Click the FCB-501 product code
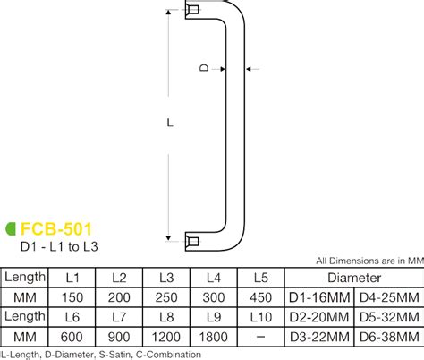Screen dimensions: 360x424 pyautogui.click(x=56, y=229)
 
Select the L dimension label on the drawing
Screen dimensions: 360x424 pyautogui.click(x=169, y=125)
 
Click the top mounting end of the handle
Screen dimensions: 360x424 pyautogui.click(x=192, y=12)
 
